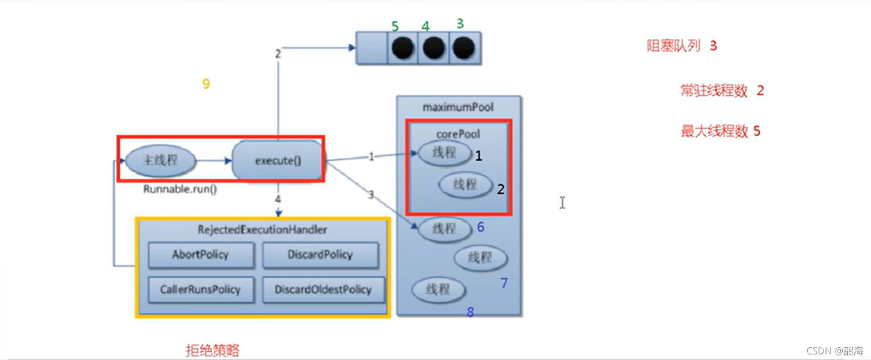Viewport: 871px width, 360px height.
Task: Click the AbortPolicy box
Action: [x=201, y=255]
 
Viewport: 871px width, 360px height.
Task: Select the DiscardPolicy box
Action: [x=320, y=255]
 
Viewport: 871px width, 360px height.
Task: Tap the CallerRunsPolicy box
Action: [x=201, y=290]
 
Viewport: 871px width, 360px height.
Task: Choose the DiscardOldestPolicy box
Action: [x=323, y=290]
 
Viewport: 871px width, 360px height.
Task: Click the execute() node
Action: [x=278, y=161]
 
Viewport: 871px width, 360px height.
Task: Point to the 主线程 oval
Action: [x=160, y=161]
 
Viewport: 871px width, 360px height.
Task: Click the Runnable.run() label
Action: [x=180, y=189]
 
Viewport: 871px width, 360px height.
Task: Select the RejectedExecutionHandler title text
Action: [x=262, y=230]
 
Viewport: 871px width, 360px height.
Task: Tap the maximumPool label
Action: [x=458, y=107]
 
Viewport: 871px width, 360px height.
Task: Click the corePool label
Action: [x=458, y=134]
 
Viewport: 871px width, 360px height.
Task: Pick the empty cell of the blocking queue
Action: [x=372, y=48]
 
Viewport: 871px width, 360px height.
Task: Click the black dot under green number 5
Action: [x=403, y=48]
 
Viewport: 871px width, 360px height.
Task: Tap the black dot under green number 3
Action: [x=464, y=48]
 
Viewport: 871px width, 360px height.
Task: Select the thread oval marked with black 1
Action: [x=444, y=153]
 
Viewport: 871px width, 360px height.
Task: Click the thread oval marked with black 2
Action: [x=465, y=185]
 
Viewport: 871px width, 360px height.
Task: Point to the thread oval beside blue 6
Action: [x=444, y=229]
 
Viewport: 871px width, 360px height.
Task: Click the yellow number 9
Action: [x=206, y=84]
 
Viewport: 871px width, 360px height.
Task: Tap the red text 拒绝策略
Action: [x=212, y=350]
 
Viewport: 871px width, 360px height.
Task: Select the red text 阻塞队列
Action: [x=673, y=46]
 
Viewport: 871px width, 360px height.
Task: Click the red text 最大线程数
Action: [x=714, y=131]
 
